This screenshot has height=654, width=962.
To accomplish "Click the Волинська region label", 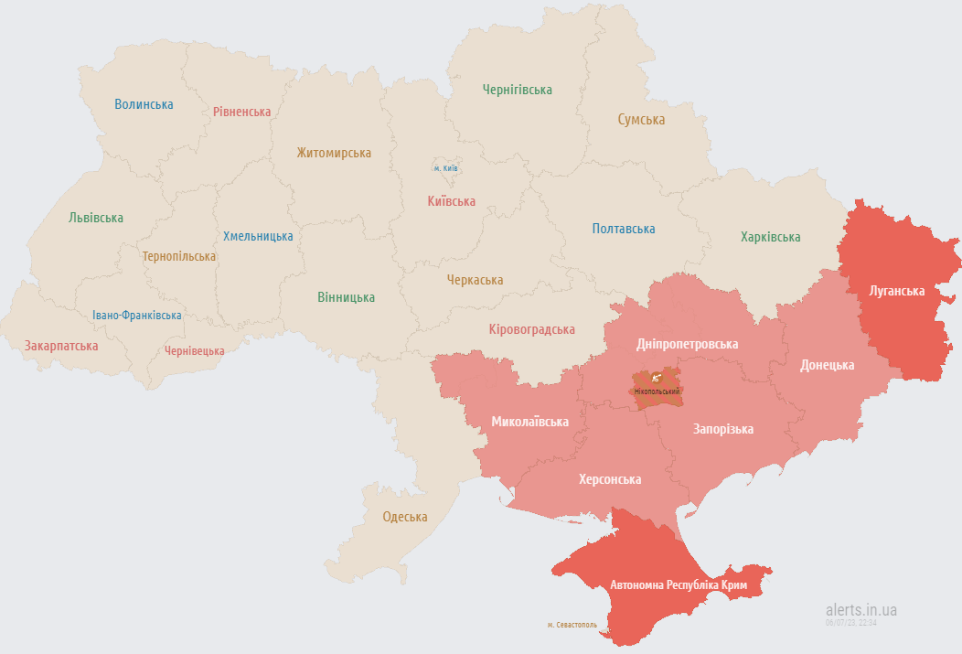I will tap(144, 104).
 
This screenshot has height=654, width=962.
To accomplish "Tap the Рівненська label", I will tap(241, 112).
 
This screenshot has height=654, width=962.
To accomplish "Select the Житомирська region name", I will tap(334, 153).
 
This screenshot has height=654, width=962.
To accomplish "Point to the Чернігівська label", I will tap(518, 90).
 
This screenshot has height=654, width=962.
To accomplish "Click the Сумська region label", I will tap(641, 120).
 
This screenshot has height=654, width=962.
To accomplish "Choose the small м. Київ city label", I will tap(445, 168).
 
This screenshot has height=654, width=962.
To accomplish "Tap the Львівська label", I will tap(96, 218).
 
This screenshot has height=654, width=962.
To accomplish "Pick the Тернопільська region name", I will tap(179, 256).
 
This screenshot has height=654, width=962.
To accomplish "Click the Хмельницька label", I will tap(258, 236).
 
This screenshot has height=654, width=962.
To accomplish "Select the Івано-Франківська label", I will tap(136, 315).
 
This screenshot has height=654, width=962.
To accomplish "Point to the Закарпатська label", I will tap(61, 346).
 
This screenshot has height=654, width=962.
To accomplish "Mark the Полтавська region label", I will tap(624, 229).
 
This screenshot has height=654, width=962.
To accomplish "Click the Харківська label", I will tap(770, 237).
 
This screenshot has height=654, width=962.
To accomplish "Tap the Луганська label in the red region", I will tap(897, 291).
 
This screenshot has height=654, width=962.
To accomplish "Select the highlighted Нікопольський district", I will tap(656, 385).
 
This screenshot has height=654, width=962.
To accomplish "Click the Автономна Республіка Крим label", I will tap(679, 584).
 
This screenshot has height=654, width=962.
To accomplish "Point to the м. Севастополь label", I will tap(572, 625).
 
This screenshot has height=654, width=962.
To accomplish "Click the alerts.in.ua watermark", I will tap(860, 609).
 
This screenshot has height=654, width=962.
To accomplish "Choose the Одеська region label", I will tap(405, 517).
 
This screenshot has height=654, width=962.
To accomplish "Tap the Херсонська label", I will tap(610, 479).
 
